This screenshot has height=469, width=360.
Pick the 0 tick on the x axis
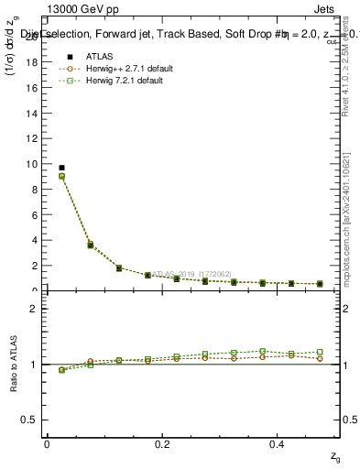click(47, 443)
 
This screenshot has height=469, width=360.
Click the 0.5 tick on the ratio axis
click(30, 420)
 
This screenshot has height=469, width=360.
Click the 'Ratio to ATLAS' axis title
click(13, 364)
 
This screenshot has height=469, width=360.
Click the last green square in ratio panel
click(320, 352)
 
